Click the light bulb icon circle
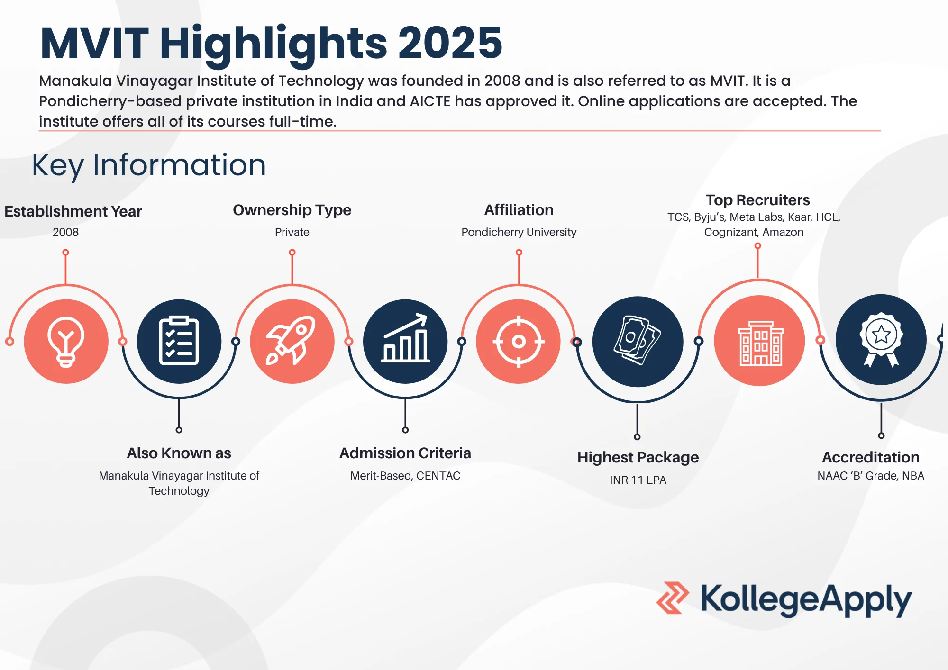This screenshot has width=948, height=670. click(66, 341)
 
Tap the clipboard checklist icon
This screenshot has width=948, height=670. click(179, 341)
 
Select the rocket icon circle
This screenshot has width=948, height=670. click(292, 341)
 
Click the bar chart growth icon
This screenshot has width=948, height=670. click(405, 338)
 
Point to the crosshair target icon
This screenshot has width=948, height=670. click(519, 341)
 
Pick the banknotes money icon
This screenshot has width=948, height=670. click(638, 340)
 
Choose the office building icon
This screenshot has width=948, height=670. click(760, 343)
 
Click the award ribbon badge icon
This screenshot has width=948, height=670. click(881, 339)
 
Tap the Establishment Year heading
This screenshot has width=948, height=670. click(73, 211)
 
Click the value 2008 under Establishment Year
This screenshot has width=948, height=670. click(65, 232)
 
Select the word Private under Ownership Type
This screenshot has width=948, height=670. click(292, 232)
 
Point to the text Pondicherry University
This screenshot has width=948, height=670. click(519, 232)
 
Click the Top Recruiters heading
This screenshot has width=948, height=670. click(757, 200)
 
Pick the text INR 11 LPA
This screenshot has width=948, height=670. click(638, 480)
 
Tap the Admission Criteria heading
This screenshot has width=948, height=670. click(405, 453)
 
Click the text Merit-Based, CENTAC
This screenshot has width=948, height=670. click(405, 476)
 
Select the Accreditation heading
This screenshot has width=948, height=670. click(871, 457)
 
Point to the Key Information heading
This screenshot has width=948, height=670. click(149, 165)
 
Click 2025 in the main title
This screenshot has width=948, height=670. click(450, 43)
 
